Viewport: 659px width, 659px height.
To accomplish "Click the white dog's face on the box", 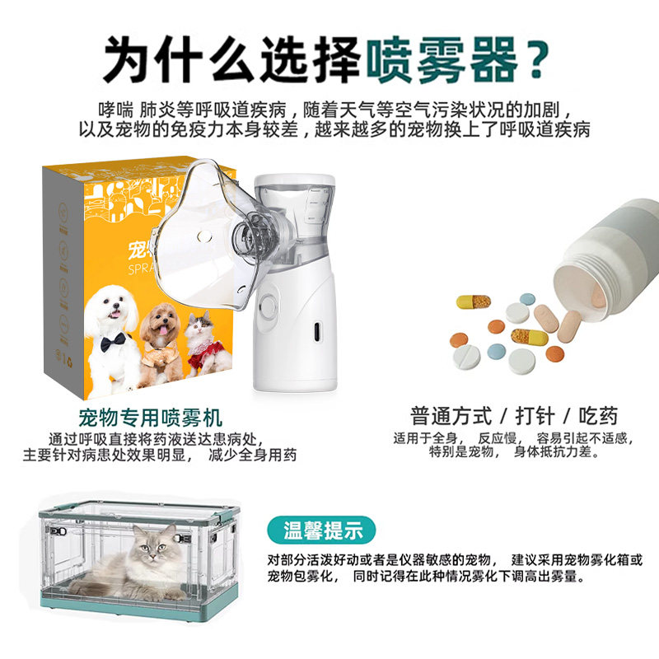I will coord(111,308).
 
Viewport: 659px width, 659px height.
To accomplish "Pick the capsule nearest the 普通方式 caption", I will coord(529,337).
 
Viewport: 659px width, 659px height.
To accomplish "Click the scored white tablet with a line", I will coord(465,357).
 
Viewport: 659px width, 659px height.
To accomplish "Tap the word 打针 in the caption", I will coord(535,415).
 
